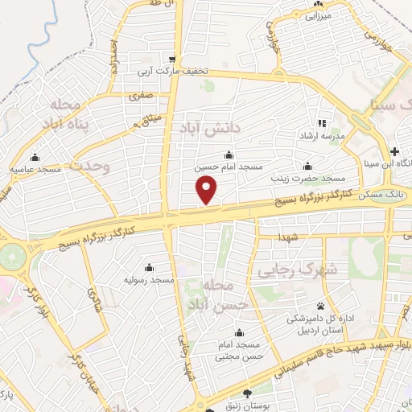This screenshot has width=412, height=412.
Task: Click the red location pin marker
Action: coord(208,191)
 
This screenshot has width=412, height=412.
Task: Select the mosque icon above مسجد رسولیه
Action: coord(149,267)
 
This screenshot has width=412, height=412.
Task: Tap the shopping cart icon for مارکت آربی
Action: coord(172,60)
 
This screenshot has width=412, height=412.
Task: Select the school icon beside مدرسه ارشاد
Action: coord(322,123)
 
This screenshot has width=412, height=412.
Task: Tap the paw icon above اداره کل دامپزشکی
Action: coord(321,306)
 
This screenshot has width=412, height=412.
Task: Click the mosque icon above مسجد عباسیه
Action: coord(34,158)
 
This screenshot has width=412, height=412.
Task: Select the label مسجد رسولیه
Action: coord(149,279)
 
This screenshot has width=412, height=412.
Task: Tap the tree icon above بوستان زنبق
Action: coord(246,393)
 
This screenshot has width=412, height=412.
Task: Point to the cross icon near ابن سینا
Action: coord(394,151)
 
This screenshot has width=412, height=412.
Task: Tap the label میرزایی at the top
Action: coord(315,14)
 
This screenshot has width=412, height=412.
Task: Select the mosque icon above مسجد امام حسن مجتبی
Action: coord(237,332)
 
